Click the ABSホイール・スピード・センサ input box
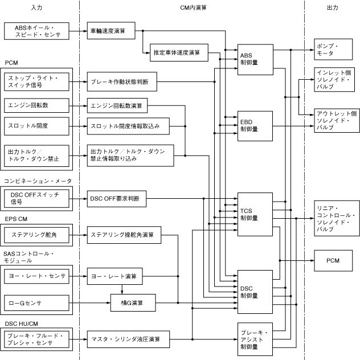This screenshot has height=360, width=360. click(x=36, y=31)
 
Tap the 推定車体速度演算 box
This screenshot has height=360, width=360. click(x=177, y=54)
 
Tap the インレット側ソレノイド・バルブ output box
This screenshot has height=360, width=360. click(x=335, y=81)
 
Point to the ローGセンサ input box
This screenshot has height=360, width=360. click(x=36, y=302)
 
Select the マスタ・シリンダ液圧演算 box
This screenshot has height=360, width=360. click(x=130, y=339)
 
